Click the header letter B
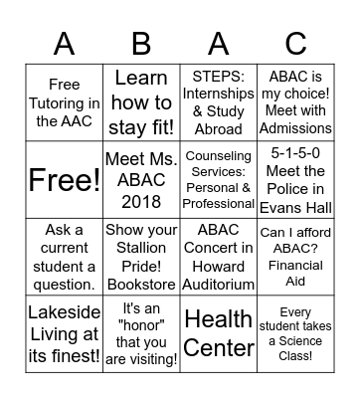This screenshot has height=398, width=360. click(141, 43)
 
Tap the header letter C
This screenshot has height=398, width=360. click(295, 43)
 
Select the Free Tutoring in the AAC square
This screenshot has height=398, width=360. click(64, 103)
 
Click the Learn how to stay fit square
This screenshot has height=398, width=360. click(141, 103)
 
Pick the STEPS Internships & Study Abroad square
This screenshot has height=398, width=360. click(219, 103)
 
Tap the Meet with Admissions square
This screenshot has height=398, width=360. click(295, 103)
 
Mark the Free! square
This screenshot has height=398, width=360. click(64, 180)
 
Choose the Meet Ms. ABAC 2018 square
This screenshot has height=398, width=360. click(141, 180)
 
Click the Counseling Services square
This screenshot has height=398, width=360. click(219, 180)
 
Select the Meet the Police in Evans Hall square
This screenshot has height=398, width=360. click(295, 180)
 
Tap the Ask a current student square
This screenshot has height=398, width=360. click(64, 257)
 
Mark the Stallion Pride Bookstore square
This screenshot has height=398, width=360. click(141, 257)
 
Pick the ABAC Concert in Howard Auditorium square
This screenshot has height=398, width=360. click(219, 257)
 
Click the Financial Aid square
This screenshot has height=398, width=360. click(295, 257)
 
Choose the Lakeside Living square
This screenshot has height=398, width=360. click(64, 334)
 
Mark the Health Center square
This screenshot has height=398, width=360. click(219, 334)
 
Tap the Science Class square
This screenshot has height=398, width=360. click(295, 334)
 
